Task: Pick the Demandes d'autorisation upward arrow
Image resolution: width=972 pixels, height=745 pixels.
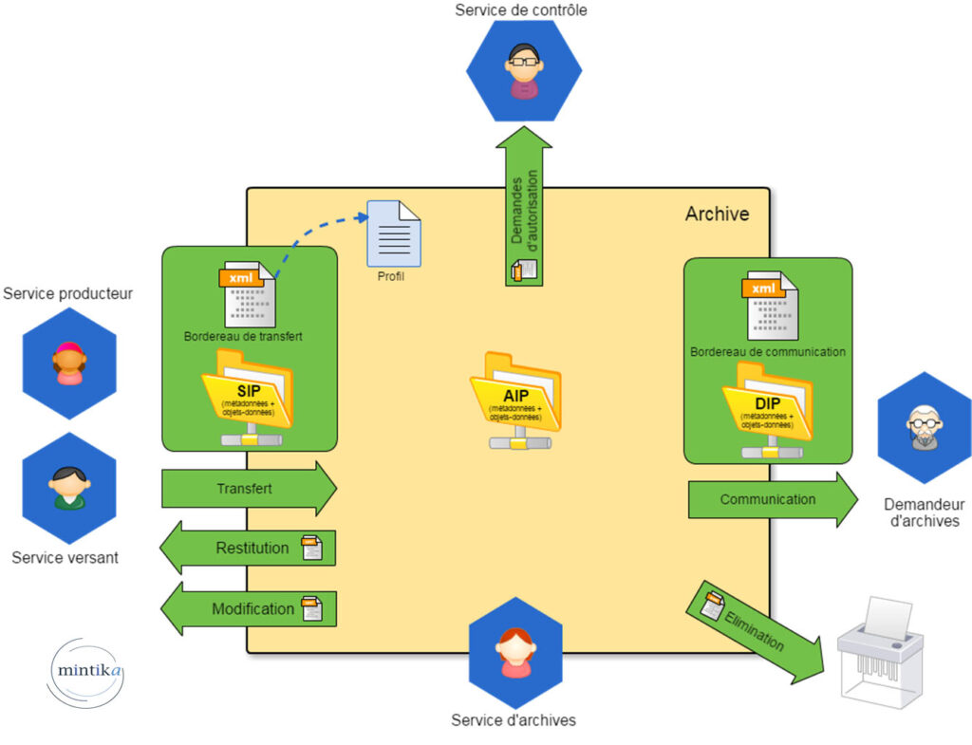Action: pos(524,208)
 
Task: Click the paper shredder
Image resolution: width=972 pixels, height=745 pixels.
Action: pos(880,654)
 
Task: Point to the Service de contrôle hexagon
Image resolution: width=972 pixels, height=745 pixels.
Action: pos(523,70)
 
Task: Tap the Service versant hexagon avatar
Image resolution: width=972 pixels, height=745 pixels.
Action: pos(68,488)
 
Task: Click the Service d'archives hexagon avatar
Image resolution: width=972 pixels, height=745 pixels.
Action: pos(515,652)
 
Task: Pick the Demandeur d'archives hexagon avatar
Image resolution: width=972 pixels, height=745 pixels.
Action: pos(924,428)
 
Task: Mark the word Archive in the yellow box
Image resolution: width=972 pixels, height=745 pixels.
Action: pos(717,214)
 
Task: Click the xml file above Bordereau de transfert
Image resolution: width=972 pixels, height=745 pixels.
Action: pos(249,295)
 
